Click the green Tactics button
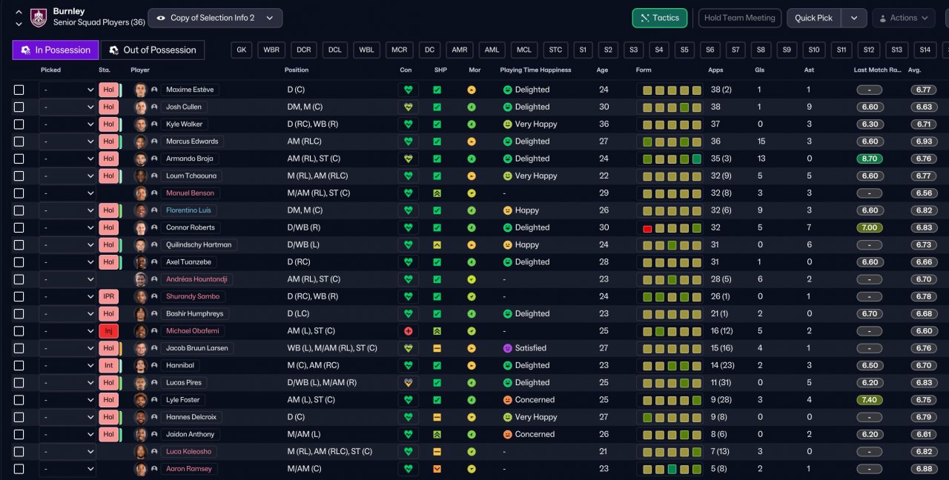click(x=660, y=18)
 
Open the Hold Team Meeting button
click(x=739, y=18)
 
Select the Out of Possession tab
click(x=153, y=50)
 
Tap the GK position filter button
click(x=242, y=50)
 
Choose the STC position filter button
click(x=555, y=50)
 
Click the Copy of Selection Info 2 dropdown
click(x=215, y=18)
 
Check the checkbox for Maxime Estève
click(x=19, y=90)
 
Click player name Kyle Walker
click(x=184, y=124)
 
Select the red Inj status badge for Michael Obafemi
click(x=108, y=331)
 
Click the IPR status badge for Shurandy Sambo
click(x=108, y=296)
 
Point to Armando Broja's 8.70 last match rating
click(x=870, y=159)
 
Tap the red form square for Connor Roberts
click(x=647, y=229)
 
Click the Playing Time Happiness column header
click(x=535, y=70)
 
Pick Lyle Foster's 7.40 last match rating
click(x=870, y=400)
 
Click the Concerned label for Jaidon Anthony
click(x=535, y=434)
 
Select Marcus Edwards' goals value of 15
click(x=761, y=141)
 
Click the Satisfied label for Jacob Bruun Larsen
click(x=530, y=348)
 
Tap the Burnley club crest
click(x=39, y=18)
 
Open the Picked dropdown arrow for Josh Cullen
click(x=90, y=107)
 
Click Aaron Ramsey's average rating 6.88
click(x=924, y=469)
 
